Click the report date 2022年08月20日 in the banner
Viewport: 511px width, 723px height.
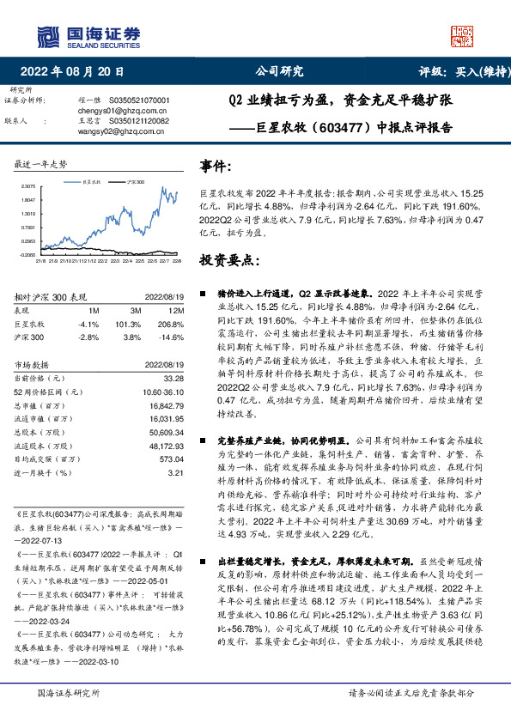pos(77,72)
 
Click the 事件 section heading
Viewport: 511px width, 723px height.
pos(216,167)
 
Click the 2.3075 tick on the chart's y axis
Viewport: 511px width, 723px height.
pos(28,185)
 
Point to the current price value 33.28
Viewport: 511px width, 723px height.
pos(174,378)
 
